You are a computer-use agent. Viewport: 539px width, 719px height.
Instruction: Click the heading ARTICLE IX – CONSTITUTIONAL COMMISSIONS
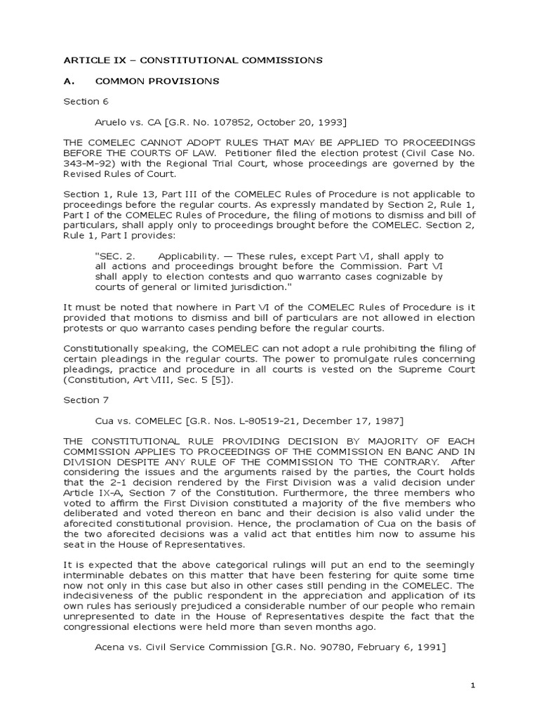(x=193, y=60)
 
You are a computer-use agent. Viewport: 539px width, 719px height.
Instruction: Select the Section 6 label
(x=81, y=101)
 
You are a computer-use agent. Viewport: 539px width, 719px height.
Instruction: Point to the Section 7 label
(x=81, y=400)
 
